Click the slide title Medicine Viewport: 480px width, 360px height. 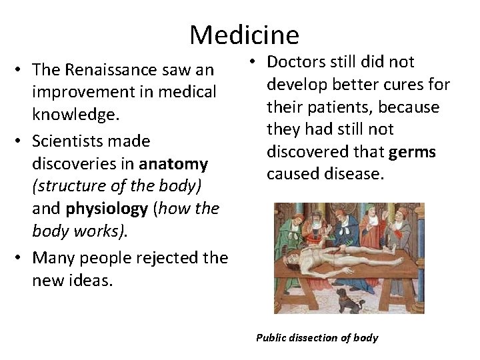244,34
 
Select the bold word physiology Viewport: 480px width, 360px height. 106,209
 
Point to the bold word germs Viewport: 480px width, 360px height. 412,152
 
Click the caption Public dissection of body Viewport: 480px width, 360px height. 317,338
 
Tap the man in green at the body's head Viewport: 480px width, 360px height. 291,230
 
